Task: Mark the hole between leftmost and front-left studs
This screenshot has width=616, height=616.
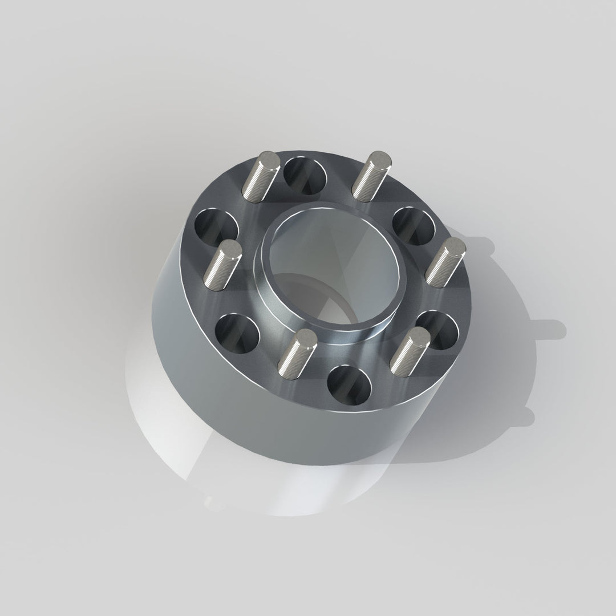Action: click(x=237, y=331)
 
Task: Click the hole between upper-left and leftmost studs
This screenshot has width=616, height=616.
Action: click(x=216, y=228)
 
